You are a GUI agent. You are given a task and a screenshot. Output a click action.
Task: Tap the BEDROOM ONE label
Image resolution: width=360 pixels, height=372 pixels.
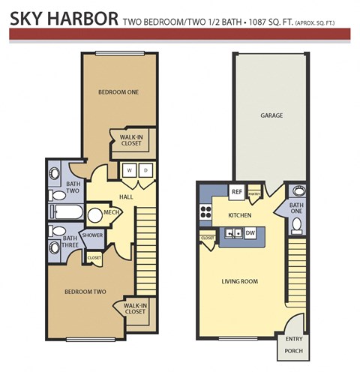[x=118, y=92]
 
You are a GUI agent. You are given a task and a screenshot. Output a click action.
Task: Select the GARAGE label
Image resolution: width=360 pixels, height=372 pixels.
[x=271, y=116]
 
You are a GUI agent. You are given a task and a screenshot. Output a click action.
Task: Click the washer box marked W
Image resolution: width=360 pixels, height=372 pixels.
[x=129, y=169]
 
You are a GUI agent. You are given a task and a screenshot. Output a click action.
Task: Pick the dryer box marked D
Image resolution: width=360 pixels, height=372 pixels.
[x=145, y=169]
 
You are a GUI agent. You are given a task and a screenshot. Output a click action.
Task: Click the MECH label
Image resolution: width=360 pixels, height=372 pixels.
[x=112, y=212]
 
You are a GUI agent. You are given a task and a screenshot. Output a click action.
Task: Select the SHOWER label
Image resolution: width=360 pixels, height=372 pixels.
[x=92, y=235]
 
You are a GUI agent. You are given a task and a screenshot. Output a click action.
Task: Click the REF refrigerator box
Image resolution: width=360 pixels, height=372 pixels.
[x=236, y=192]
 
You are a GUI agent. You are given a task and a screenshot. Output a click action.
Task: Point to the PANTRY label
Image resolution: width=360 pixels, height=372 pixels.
[x=253, y=193]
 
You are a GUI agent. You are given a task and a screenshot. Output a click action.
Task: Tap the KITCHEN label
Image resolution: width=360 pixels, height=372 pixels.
[x=239, y=216]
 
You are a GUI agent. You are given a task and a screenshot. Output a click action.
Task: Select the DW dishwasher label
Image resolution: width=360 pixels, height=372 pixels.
[x=250, y=233]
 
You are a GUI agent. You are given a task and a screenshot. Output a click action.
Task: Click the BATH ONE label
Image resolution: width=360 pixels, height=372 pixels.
[x=296, y=208]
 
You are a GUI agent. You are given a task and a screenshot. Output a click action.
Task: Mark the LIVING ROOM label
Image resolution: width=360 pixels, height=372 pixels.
[x=240, y=282]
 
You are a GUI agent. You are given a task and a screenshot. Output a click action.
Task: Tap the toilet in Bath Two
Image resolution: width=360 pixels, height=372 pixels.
[x=58, y=196]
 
